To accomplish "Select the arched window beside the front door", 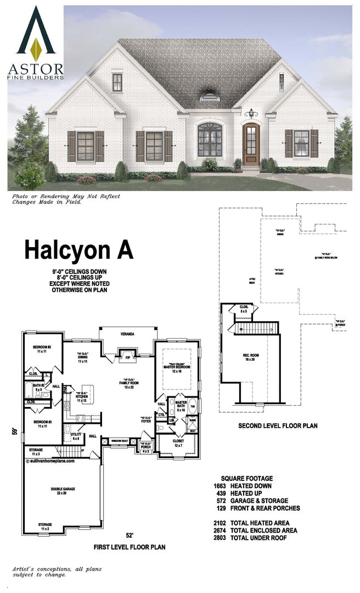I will (x=210, y=140).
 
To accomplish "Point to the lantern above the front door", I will (x=251, y=114).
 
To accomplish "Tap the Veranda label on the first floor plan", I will (x=127, y=334).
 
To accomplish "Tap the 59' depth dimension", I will (x=15, y=432).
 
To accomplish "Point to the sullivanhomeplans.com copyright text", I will (x=50, y=461).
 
